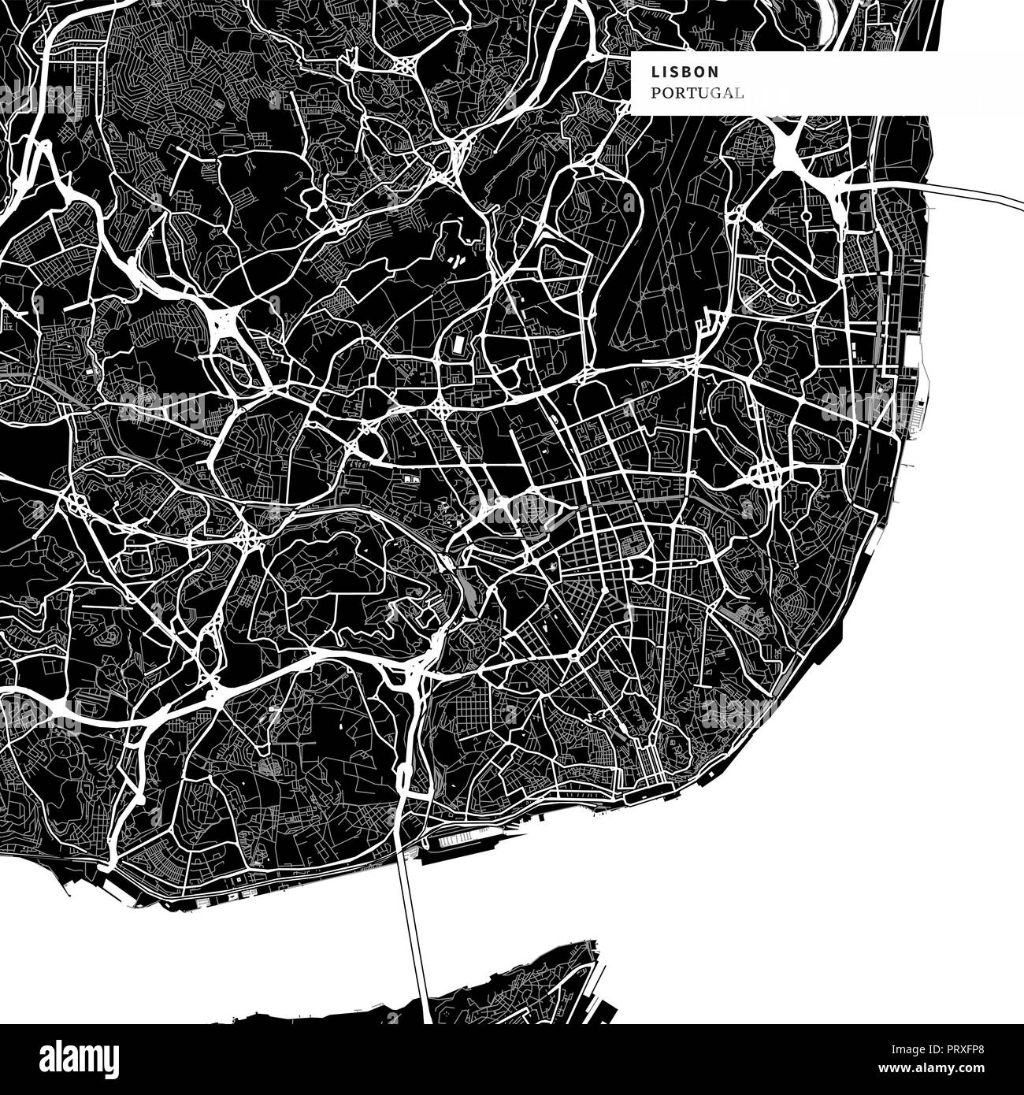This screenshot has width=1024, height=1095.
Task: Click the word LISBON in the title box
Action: click(x=685, y=71)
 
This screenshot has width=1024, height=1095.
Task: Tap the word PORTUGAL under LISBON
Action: click(x=697, y=93)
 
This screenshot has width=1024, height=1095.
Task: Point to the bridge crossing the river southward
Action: click(x=413, y=930)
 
